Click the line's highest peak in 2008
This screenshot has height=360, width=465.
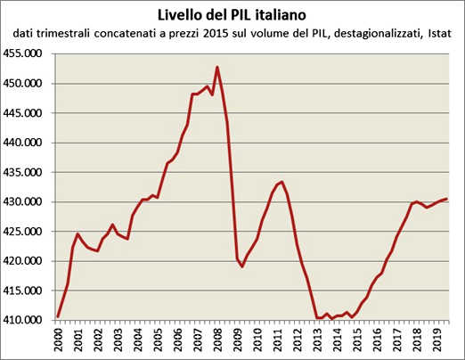tap(217, 67)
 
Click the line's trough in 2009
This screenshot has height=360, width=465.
tap(242, 266)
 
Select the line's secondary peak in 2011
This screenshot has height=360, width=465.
tap(282, 182)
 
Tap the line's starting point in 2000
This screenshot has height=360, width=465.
tap(58, 316)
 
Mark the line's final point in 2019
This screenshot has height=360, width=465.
tap(446, 199)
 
